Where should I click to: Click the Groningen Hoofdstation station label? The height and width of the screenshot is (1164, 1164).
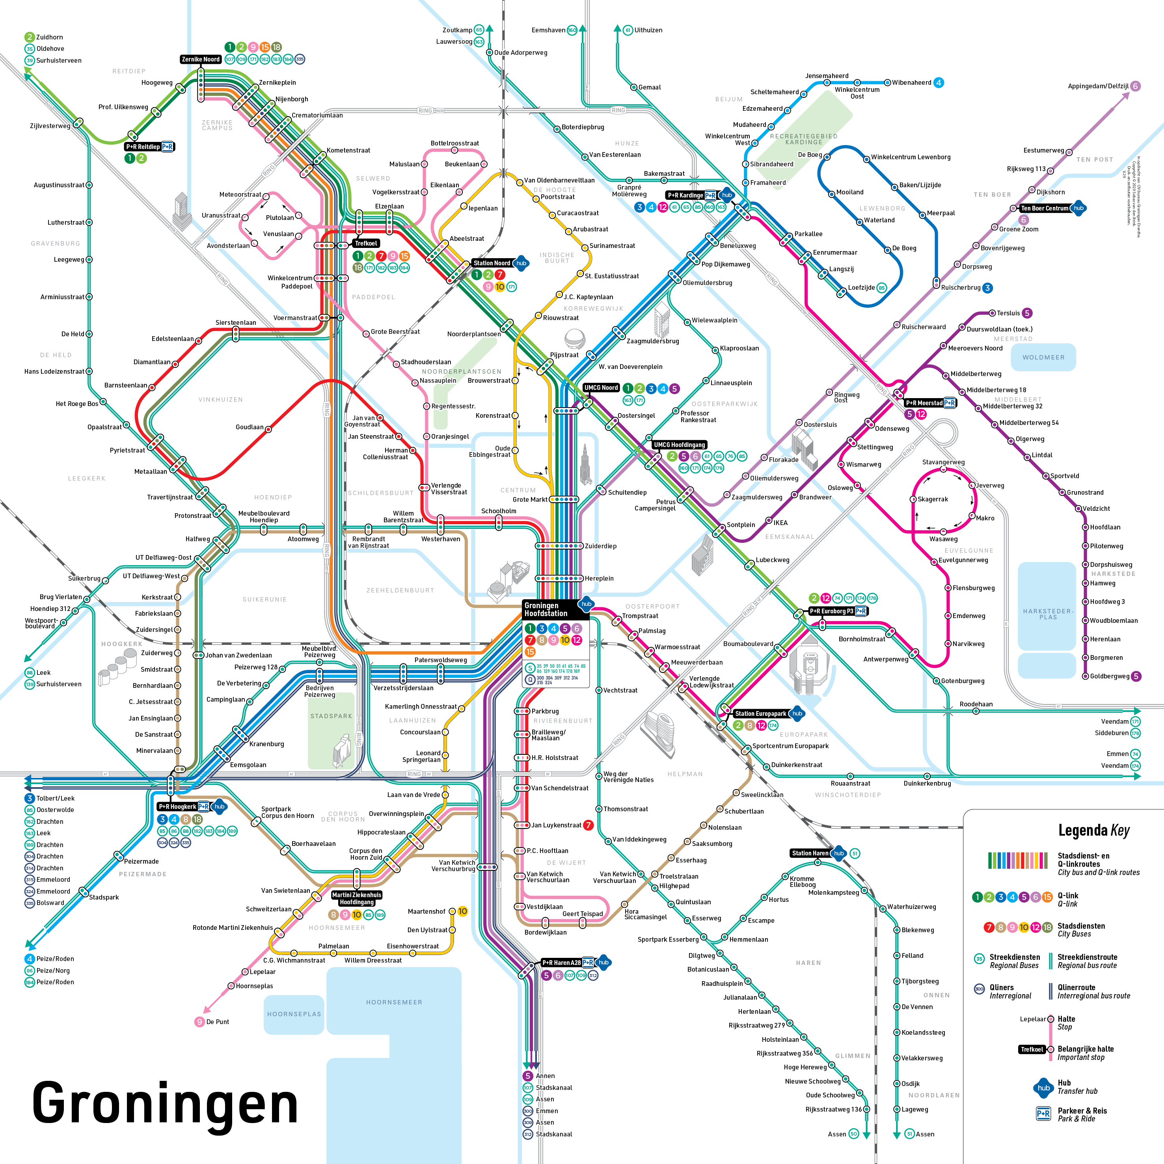click(546, 609)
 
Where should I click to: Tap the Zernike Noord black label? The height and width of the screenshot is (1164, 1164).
click(201, 59)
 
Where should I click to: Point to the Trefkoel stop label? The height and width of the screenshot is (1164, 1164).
click(366, 244)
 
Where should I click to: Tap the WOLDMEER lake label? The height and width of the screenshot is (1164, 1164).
click(1043, 357)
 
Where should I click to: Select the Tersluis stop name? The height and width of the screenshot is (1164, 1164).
click(1008, 313)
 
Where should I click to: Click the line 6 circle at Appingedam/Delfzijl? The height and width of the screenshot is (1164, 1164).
click(1135, 86)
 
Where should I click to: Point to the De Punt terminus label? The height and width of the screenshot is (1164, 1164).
click(218, 1022)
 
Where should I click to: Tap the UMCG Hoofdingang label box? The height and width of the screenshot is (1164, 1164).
click(679, 445)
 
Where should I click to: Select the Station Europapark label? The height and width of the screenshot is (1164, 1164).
click(760, 713)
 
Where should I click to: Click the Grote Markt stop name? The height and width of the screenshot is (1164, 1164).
click(530, 499)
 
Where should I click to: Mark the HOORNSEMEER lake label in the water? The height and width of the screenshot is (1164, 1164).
click(394, 1002)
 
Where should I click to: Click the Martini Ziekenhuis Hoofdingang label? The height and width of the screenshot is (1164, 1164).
click(357, 898)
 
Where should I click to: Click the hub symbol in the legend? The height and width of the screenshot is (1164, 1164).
click(1043, 1088)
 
